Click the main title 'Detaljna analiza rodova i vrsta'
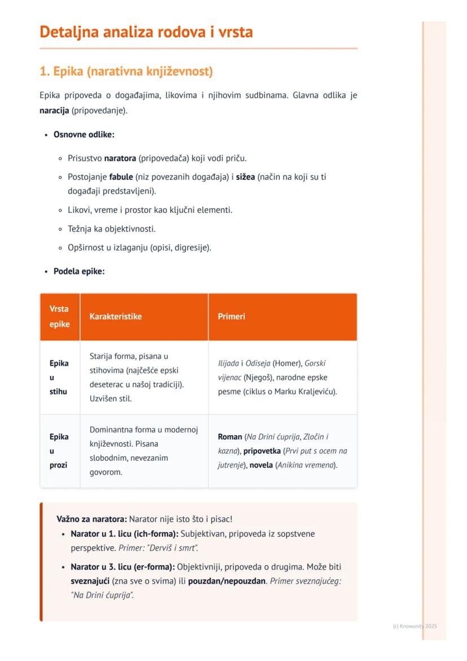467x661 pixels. click(146, 32)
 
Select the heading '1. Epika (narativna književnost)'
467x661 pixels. click(126, 72)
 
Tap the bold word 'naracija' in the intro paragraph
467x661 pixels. click(54, 110)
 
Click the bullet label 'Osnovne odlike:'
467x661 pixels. click(84, 134)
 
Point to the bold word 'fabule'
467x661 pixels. click(121, 177)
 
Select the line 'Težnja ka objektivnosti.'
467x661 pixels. click(112, 229)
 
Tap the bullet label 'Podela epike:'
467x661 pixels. click(79, 271)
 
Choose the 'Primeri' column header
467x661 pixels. click(232, 316)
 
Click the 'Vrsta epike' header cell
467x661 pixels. click(59, 316)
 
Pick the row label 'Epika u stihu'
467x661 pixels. click(59, 377)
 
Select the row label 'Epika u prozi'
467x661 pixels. click(59, 450)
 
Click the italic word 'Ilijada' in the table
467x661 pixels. click(228, 363)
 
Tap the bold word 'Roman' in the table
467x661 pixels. click(230, 436)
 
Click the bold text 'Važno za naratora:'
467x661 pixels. click(91, 519)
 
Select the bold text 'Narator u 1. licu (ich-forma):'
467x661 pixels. click(124, 533)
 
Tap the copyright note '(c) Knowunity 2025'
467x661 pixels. click(415, 626)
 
